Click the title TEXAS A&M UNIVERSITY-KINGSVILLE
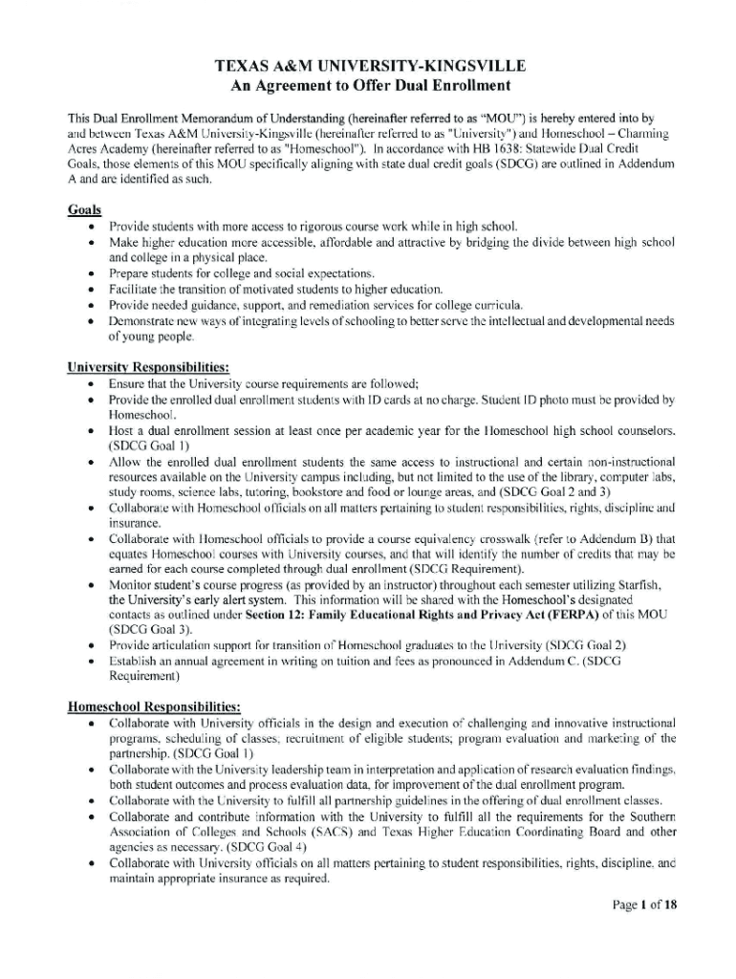tap(369, 67)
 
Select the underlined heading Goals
tap(85, 209)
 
